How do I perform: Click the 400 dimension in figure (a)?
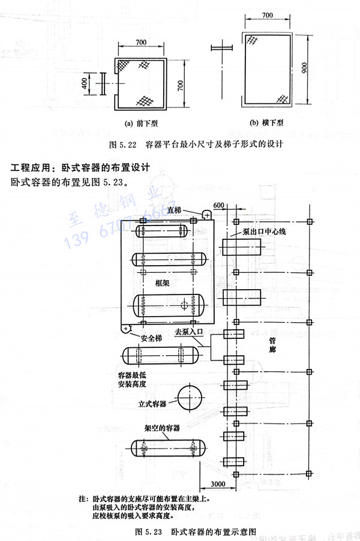click(85, 84)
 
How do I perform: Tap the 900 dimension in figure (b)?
click(304, 70)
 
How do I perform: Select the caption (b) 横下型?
click(267, 123)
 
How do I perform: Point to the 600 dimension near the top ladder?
click(219, 206)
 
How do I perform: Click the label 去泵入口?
click(190, 331)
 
